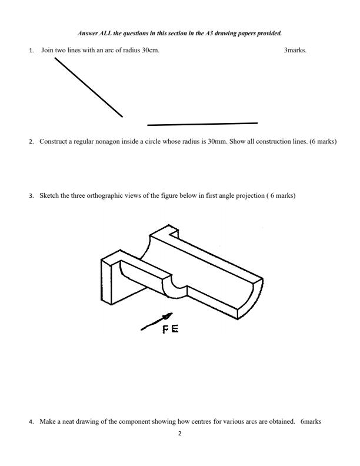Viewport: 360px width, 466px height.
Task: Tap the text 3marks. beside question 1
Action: click(x=295, y=51)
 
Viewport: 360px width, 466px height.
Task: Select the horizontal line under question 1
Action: click(x=202, y=124)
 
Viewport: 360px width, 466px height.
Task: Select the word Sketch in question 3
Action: click(x=48, y=195)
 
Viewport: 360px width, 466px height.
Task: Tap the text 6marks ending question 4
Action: click(x=309, y=421)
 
